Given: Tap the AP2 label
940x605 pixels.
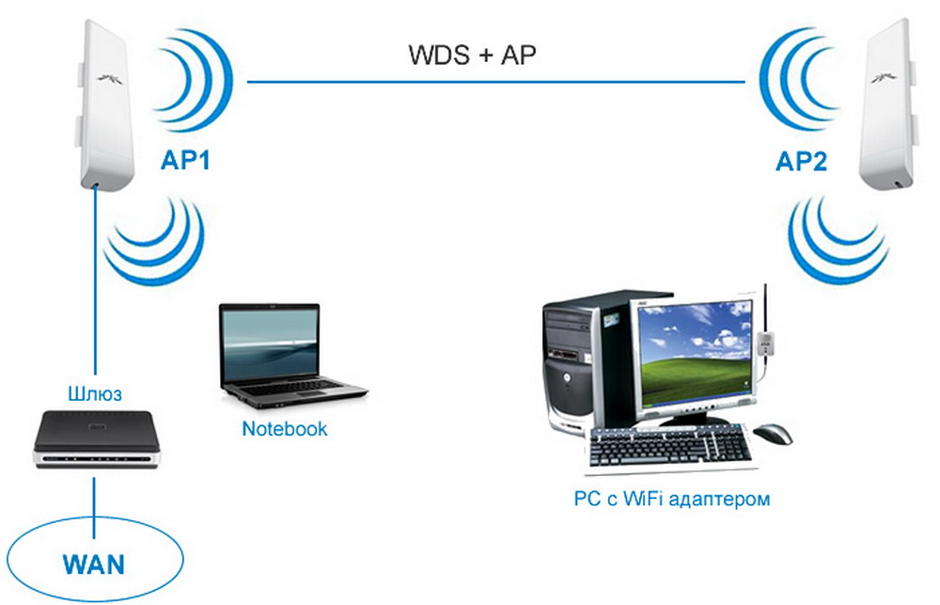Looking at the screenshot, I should (x=801, y=163).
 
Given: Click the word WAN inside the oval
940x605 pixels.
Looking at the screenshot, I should (x=93, y=565).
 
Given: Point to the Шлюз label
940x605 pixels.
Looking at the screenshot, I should (x=96, y=392).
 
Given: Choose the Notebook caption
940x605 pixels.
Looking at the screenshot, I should (x=285, y=429).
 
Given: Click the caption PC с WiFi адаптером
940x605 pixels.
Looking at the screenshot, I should (x=671, y=499).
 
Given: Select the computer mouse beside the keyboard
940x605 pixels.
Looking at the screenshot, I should (x=773, y=433).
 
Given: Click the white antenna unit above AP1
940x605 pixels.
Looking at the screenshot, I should (x=101, y=103).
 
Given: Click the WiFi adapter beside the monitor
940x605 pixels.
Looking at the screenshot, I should (x=768, y=346).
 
